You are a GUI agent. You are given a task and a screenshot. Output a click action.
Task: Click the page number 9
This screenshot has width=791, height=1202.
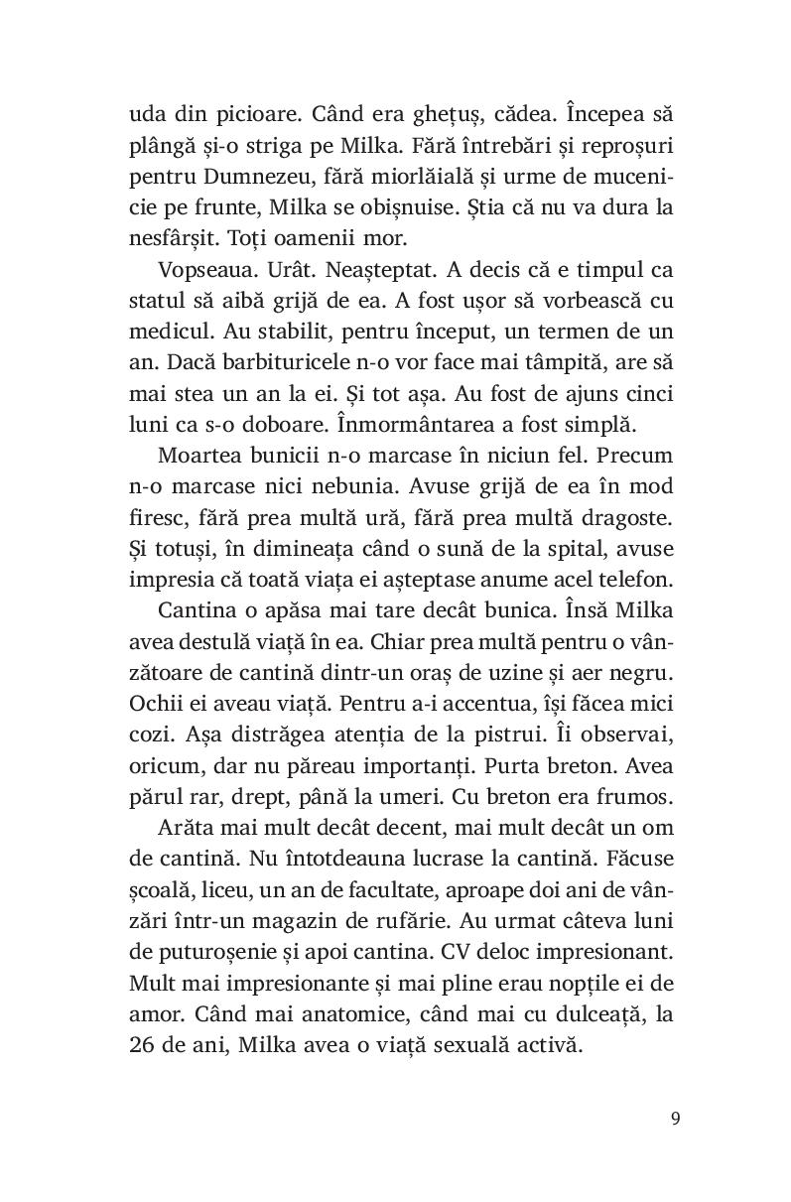675,1119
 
